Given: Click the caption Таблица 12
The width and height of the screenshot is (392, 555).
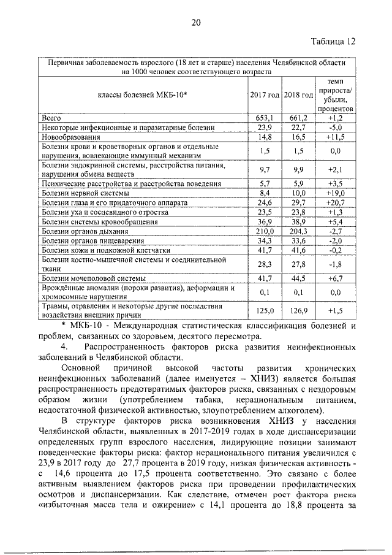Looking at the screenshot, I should [333, 42].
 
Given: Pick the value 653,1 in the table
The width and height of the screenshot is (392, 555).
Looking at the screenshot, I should [265, 117].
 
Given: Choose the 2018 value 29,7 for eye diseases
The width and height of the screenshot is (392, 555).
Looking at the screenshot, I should [298, 202].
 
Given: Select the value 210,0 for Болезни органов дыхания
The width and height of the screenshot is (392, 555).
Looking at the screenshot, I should [265, 231].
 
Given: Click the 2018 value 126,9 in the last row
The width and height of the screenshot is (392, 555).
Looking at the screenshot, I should [298, 311].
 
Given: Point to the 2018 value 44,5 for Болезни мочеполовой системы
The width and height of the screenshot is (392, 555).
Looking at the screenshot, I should [298, 278].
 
